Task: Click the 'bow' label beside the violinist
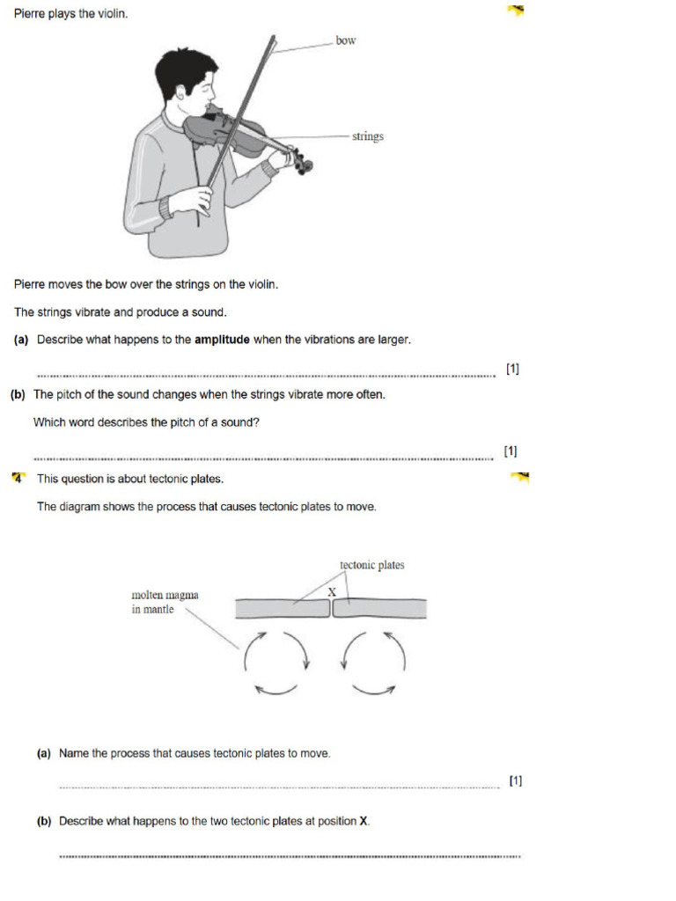click(x=346, y=40)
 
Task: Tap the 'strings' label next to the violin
click(x=367, y=136)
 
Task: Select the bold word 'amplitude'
click(x=222, y=340)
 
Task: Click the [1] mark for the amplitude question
click(x=512, y=369)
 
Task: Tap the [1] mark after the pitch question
click(x=511, y=451)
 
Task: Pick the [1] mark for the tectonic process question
click(x=516, y=780)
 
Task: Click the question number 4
click(x=18, y=478)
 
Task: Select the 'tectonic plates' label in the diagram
click(x=371, y=565)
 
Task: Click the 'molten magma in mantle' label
click(x=165, y=602)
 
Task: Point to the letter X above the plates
click(x=332, y=592)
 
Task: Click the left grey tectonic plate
click(x=281, y=609)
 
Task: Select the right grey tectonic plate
click(x=379, y=609)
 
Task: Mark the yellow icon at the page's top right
click(x=516, y=11)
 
